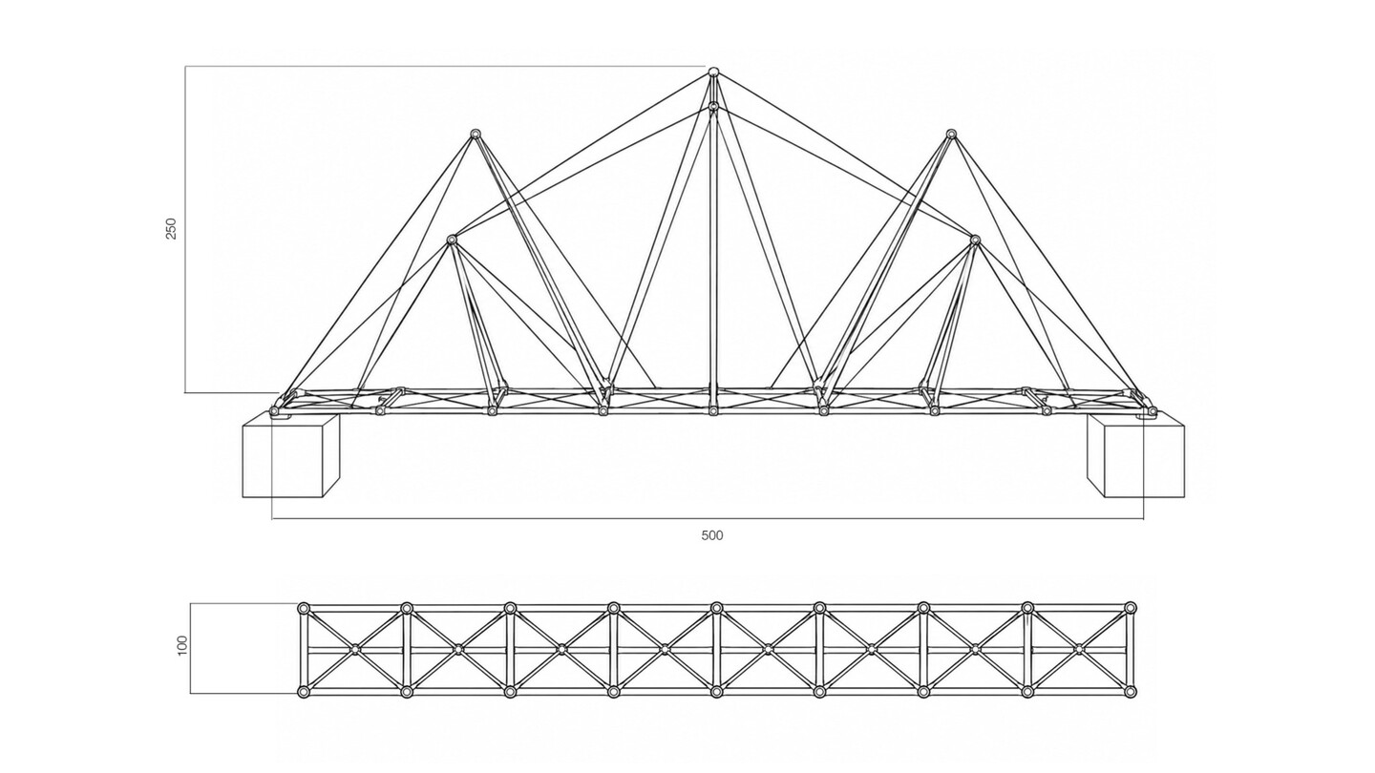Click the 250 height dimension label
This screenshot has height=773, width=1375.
(x=171, y=228)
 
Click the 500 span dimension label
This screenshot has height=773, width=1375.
(x=712, y=535)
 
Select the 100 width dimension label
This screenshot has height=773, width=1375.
(x=183, y=646)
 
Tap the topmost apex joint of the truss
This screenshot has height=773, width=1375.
(x=713, y=73)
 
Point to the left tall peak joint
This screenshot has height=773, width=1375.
(x=475, y=134)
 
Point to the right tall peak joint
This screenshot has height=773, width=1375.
(x=951, y=134)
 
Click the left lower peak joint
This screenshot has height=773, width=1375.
(x=452, y=240)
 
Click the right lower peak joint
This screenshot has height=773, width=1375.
(x=975, y=240)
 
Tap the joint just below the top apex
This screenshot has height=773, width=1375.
(x=713, y=107)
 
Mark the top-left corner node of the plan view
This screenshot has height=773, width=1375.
(x=303, y=608)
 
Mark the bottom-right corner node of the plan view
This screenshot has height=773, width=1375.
(x=1131, y=692)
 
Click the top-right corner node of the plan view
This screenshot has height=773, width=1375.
(x=1131, y=608)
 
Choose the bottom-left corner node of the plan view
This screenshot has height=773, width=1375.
(x=303, y=692)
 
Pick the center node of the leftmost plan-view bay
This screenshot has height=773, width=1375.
(x=355, y=649)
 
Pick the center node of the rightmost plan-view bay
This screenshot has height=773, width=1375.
(x=1079, y=649)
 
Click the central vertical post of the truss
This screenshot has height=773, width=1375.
(x=713, y=258)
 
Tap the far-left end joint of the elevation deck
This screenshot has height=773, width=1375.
(x=274, y=411)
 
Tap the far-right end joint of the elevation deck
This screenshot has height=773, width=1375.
(x=1153, y=409)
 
